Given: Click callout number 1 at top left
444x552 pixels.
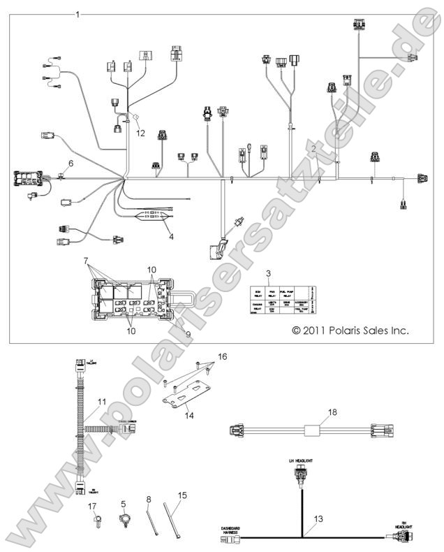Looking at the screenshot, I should pyautogui.click(x=77, y=14).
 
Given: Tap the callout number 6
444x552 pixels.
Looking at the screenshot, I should pyautogui.click(x=71, y=164).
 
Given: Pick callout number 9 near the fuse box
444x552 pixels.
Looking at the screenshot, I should pyautogui.click(x=187, y=335).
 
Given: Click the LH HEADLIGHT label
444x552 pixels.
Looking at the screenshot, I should pyautogui.click(x=302, y=462).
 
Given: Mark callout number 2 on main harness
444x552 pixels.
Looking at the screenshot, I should pyautogui.click(x=315, y=149).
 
